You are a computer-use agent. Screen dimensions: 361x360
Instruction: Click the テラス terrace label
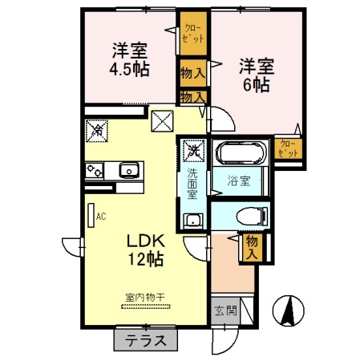pyautogui.click(x=145, y=340)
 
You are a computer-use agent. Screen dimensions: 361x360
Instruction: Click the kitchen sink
pyautogui.click(x=128, y=171)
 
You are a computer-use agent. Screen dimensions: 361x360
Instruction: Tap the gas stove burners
pyautogui.click(x=95, y=171)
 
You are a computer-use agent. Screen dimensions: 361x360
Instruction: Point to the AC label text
pyautogui.click(x=102, y=216)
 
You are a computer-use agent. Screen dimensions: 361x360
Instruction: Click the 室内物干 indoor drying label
pyautogui.click(x=144, y=298)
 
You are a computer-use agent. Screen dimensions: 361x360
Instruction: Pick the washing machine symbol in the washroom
pyautogui.click(x=193, y=150)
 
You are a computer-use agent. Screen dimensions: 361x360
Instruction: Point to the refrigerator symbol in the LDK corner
pyautogui.click(x=97, y=128)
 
